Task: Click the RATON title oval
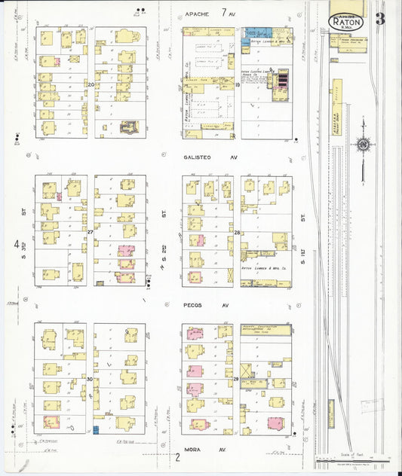click(347, 23)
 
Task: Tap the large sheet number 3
click(380, 19)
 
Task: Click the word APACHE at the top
click(199, 14)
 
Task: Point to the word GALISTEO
click(198, 158)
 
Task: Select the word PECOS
click(193, 306)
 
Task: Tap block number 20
click(91, 84)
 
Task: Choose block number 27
click(90, 233)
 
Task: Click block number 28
click(237, 233)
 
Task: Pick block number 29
click(236, 379)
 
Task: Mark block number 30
click(90, 379)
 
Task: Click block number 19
click(237, 85)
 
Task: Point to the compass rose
click(364, 144)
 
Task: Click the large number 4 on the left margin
click(17, 244)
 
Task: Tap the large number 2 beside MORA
click(178, 456)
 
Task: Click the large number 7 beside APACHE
click(223, 13)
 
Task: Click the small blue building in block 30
click(97, 430)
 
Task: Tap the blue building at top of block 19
click(256, 32)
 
